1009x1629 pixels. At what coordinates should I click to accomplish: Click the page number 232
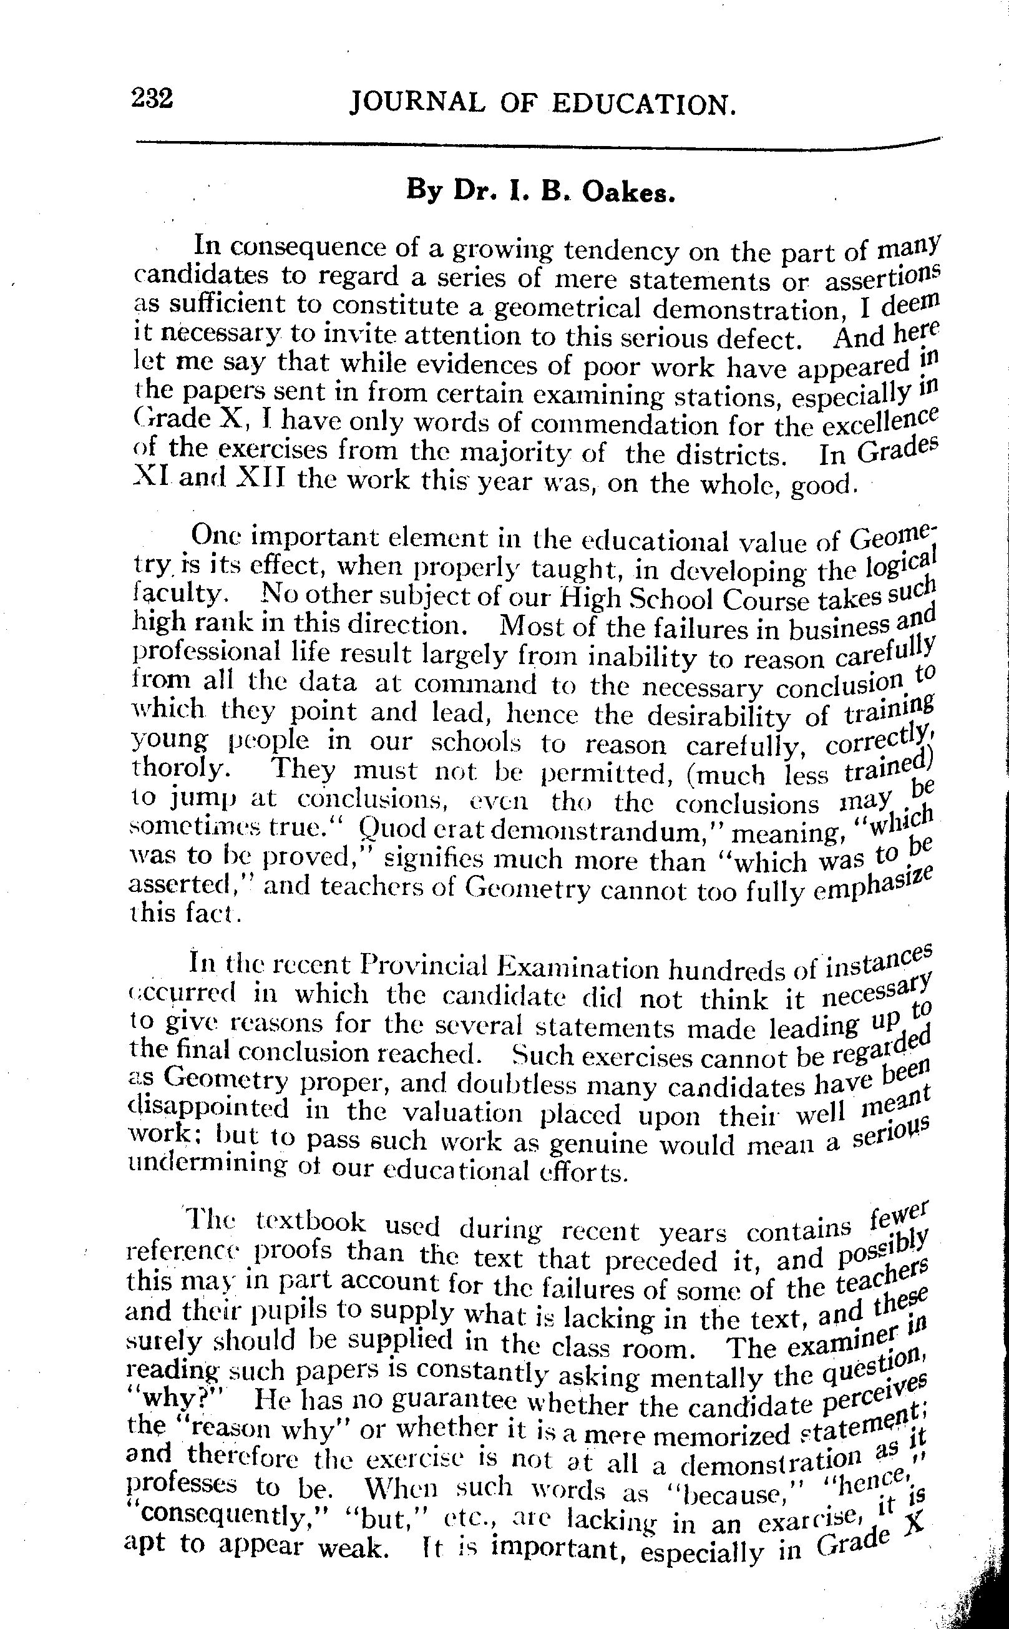(x=153, y=98)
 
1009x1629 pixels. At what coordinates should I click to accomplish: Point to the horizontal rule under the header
(x=534, y=145)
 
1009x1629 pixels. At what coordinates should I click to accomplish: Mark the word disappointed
(x=208, y=1108)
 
